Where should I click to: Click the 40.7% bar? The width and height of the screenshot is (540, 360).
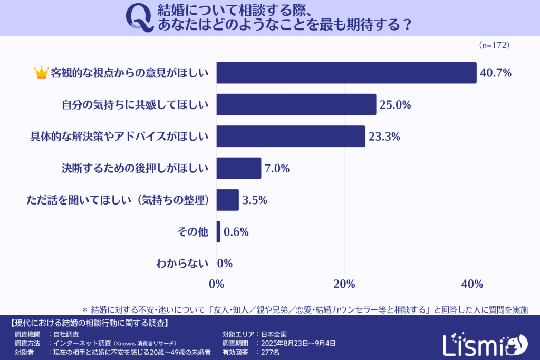(346, 73)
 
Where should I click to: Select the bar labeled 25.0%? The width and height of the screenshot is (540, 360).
(296, 104)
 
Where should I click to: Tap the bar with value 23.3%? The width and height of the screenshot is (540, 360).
(291, 136)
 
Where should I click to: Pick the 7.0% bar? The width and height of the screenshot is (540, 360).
(238, 168)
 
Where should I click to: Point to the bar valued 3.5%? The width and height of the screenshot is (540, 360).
(227, 200)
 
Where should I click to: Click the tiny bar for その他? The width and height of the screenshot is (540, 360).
(218, 231)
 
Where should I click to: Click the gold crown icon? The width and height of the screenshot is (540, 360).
(41, 73)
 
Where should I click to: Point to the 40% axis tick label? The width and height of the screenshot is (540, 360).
(472, 284)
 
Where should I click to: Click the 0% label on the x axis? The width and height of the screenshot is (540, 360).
(217, 284)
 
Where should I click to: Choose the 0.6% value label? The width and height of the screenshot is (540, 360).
(236, 232)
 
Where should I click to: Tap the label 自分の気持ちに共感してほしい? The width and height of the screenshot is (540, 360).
(135, 105)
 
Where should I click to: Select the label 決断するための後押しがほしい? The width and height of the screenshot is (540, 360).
(135, 169)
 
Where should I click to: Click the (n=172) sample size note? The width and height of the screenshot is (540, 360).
(494, 45)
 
